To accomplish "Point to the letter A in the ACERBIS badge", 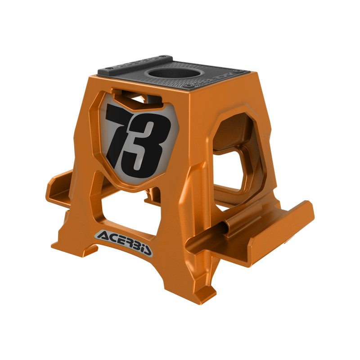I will coord(102,235).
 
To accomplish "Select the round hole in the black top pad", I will coord(171,72).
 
